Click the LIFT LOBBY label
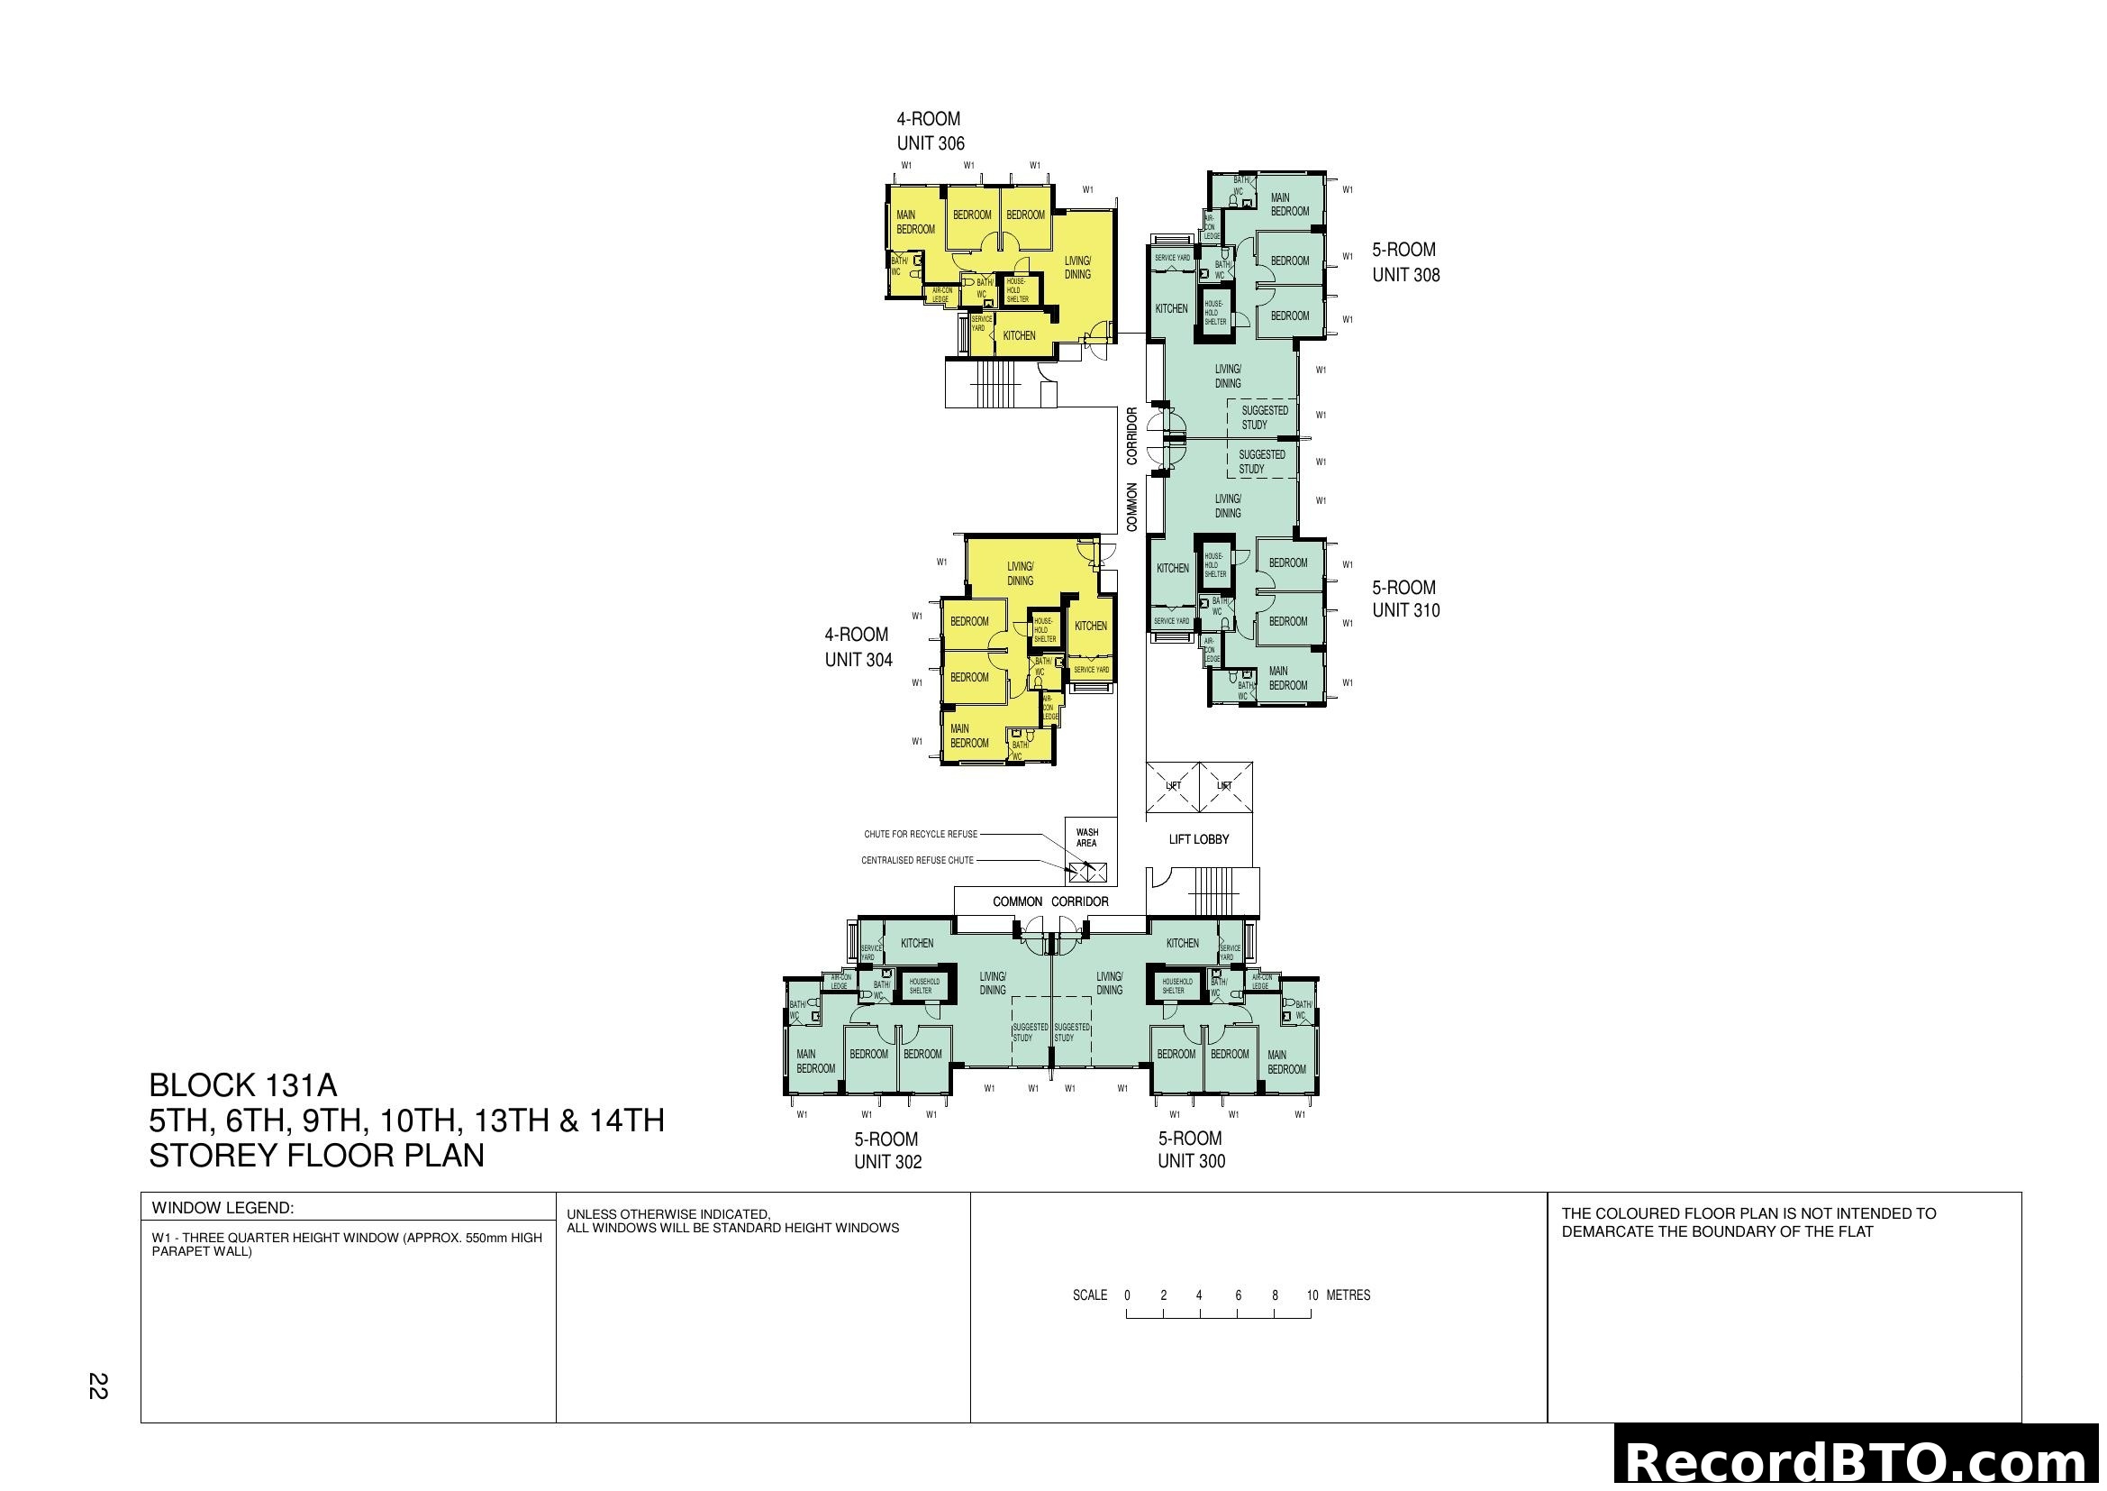[x=1197, y=839]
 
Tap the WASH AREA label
[x=1086, y=837]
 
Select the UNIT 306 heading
[x=930, y=143]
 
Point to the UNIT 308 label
[x=1405, y=275]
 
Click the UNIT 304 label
[x=858, y=659]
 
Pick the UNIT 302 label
[x=887, y=1161]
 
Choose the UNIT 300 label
[x=1190, y=1160]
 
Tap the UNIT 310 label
[x=1405, y=610]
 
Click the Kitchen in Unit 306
[x=1019, y=336]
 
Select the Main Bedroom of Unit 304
[x=969, y=736]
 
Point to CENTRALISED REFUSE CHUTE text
[x=917, y=860]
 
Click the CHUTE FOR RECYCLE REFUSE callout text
[x=921, y=835]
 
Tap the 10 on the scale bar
[x=1312, y=1295]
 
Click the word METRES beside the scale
[x=1349, y=1295]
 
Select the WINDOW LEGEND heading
[x=223, y=1208]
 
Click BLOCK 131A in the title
[x=242, y=1085]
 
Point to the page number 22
[x=97, y=1386]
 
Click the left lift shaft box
[x=1173, y=787]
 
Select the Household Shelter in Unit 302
[x=924, y=986]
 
